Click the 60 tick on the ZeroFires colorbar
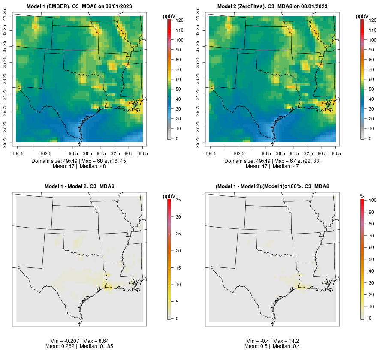click(371, 80)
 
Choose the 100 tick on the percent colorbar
click(372, 201)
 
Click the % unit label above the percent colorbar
click(362, 196)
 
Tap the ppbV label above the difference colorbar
click(169, 196)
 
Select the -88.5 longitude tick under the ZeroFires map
click(336, 153)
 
